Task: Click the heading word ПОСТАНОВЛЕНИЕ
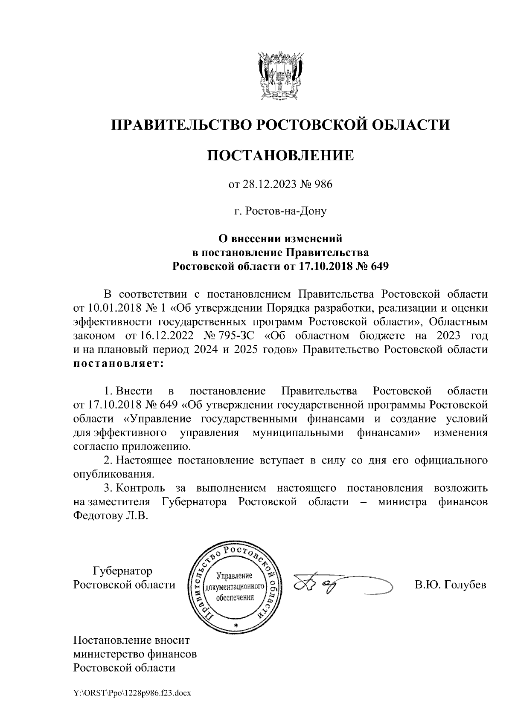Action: (280, 156)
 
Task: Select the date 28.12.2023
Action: (265, 185)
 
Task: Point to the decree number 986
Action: (323, 185)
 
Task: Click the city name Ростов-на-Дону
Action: (280, 211)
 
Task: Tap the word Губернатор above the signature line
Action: (122, 571)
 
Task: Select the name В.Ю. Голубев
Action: (450, 585)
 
